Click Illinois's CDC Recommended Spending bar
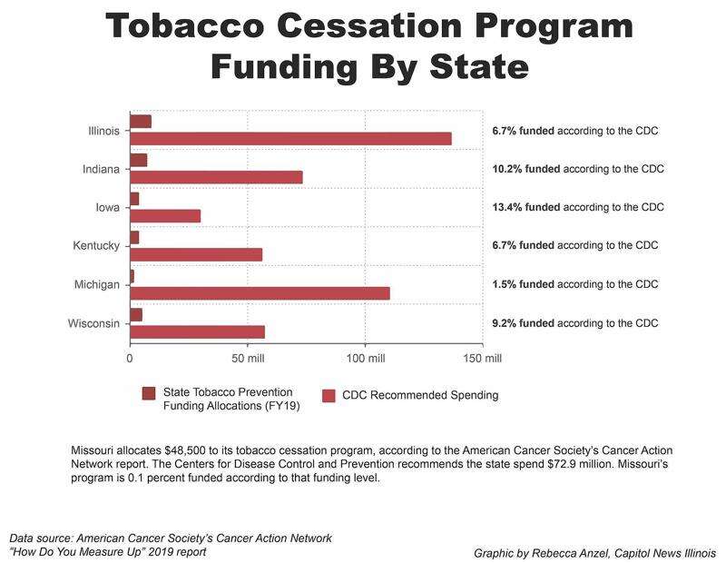[290, 138]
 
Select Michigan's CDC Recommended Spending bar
[260, 293]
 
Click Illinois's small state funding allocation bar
[141, 122]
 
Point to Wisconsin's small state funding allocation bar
[136, 315]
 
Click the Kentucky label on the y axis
[95, 246]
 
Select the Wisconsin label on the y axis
[93, 323]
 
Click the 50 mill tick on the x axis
[247, 358]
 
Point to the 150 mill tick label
[482, 358]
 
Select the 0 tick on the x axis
[131, 358]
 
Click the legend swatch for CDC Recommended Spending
[329, 395]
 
